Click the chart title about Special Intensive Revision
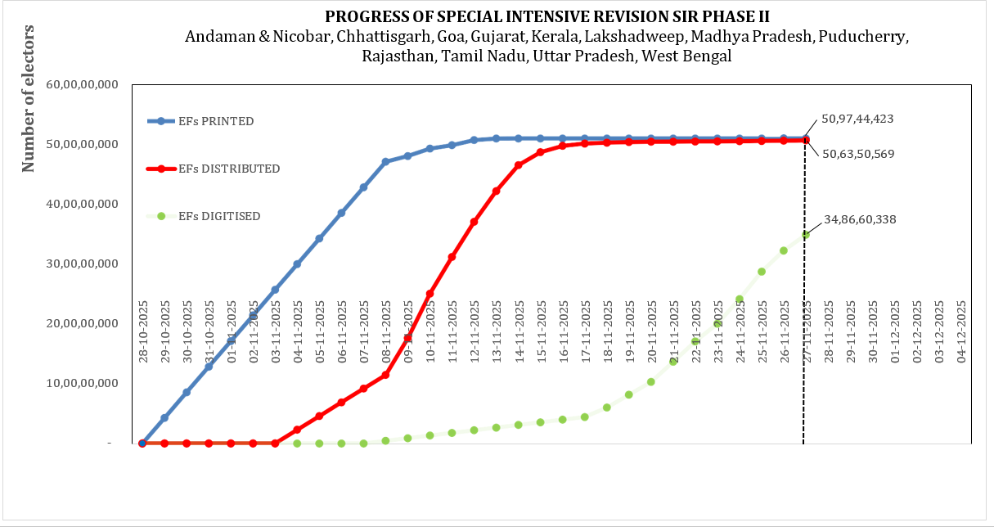[x=547, y=17]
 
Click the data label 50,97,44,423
[x=857, y=119]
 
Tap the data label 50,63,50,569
[x=859, y=153]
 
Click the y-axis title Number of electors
[x=29, y=98]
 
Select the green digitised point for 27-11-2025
[x=806, y=235]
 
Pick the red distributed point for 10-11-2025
[x=430, y=293]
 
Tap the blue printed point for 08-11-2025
[x=385, y=161]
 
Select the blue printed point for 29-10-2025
[x=164, y=417]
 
